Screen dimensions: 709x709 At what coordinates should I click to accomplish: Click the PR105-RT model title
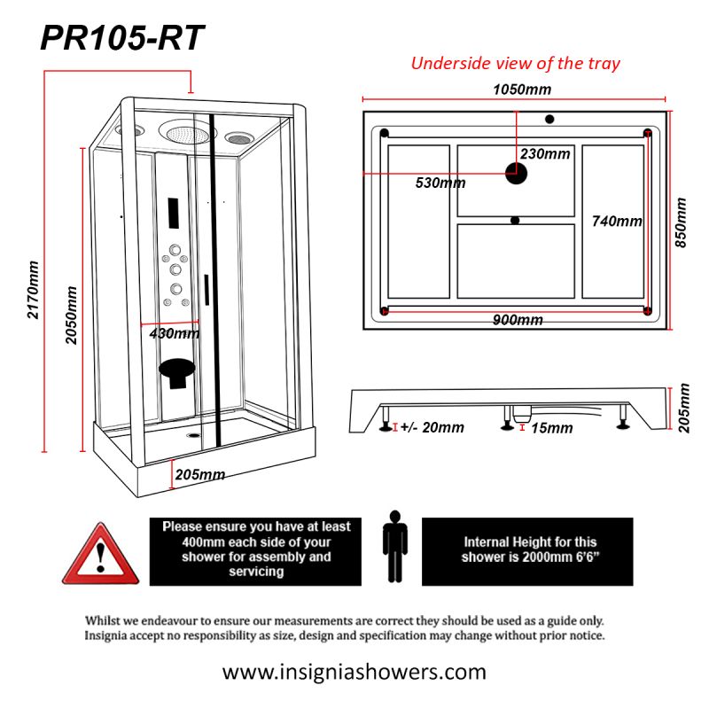click(123, 38)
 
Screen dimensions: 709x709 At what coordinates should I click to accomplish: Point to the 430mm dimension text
click(174, 333)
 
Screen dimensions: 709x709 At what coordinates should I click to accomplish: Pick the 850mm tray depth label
click(682, 224)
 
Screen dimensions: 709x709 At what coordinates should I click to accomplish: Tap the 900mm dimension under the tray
click(518, 320)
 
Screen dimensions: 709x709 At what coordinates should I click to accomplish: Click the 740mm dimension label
click(617, 221)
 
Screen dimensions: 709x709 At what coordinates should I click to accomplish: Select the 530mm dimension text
click(440, 183)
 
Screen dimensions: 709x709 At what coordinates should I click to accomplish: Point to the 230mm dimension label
click(545, 153)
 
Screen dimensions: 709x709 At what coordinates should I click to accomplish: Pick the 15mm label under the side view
click(551, 428)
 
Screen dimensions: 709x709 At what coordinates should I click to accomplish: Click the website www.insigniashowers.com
click(354, 671)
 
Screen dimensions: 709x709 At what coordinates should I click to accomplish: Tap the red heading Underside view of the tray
click(515, 63)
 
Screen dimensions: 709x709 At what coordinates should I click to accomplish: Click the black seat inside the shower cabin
click(178, 370)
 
